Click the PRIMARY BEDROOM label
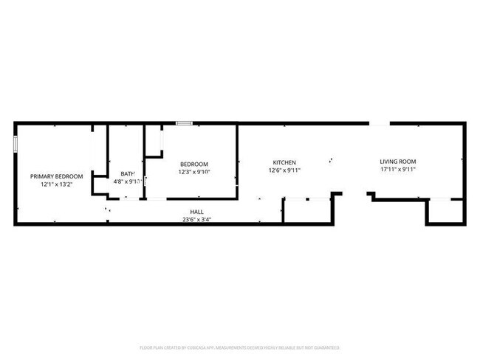click(x=56, y=176)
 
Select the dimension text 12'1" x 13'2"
click(x=56, y=184)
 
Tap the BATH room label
click(x=127, y=173)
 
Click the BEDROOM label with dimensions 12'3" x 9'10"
click(x=194, y=164)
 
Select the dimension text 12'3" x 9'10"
click(x=194, y=172)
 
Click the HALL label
click(x=196, y=211)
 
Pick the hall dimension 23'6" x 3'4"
click(x=196, y=219)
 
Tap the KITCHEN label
click(x=284, y=162)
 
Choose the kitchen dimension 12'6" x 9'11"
click(x=284, y=170)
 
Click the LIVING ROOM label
click(x=398, y=162)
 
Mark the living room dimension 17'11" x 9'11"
click(x=398, y=170)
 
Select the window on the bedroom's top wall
click(x=184, y=123)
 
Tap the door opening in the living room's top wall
click(x=380, y=123)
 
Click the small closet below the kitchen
click(x=306, y=210)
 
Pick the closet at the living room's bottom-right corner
click(x=445, y=212)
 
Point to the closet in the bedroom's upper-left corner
click(x=153, y=141)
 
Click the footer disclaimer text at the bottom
click(x=239, y=347)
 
